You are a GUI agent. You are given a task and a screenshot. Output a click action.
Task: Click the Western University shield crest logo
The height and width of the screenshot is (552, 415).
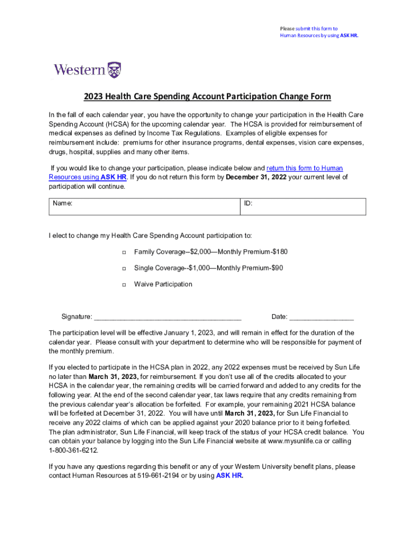[114, 70]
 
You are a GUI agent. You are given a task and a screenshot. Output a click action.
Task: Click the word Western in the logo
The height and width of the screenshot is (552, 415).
[80, 70]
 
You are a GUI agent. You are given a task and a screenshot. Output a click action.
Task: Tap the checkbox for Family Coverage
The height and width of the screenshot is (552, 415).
[123, 252]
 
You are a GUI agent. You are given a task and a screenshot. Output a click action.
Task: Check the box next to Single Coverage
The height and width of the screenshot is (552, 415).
[123, 268]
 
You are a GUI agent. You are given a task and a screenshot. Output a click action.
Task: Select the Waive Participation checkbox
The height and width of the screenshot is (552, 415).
[123, 285]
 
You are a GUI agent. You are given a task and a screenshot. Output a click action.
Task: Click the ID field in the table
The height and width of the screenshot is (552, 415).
[302, 206]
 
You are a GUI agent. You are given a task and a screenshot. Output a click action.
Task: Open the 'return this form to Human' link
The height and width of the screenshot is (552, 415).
[305, 168]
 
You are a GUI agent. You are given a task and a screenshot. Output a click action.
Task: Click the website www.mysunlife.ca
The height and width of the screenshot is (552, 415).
[295, 441]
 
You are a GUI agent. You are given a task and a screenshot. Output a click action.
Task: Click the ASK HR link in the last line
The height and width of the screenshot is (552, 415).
[230, 475]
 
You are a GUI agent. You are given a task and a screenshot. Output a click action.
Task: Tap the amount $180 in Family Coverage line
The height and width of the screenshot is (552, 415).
[280, 252]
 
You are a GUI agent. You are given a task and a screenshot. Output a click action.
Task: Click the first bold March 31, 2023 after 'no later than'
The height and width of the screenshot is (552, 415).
[113, 376]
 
